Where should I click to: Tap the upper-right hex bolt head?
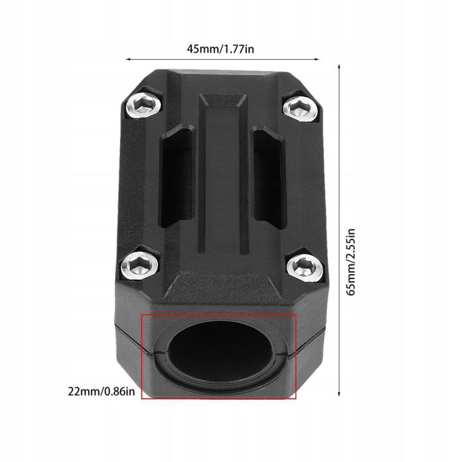click(x=301, y=107)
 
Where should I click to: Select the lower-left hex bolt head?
click(x=140, y=266)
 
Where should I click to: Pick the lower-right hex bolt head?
click(x=305, y=267)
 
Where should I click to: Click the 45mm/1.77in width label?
click(x=220, y=49)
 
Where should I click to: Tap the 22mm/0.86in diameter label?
click(x=101, y=391)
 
